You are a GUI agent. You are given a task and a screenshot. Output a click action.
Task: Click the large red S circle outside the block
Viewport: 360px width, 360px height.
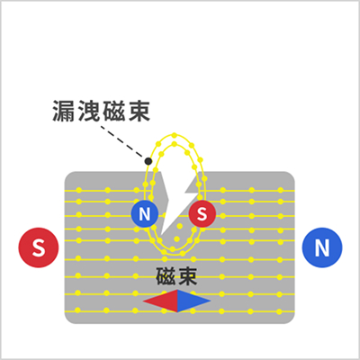pos(39,247)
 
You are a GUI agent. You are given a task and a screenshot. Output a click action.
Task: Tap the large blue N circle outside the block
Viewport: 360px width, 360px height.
pos(322,247)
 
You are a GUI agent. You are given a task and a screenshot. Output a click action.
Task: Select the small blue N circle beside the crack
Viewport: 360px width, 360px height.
pos(145,214)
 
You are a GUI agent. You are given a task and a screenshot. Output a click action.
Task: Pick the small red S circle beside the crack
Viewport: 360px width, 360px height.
pos(202,214)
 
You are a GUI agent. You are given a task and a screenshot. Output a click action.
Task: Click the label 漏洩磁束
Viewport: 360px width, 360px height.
pos(101,111)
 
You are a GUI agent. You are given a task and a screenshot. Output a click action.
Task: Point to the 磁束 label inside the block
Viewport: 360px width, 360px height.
pos(176,276)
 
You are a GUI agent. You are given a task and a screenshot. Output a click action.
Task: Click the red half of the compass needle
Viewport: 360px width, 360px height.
pos(160,301)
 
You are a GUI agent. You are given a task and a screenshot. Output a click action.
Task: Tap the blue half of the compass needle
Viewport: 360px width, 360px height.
pos(194,301)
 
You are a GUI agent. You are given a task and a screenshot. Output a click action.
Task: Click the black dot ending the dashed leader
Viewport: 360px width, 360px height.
pos(148,161)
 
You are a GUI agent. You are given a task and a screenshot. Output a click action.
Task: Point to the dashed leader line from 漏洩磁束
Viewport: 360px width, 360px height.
pos(121,141)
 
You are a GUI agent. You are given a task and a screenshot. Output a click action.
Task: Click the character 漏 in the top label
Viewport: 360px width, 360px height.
pos(64,111)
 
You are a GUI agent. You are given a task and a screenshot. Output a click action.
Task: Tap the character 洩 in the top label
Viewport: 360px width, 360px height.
pos(89,111)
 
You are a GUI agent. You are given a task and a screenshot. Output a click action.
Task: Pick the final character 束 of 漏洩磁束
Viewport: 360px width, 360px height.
pos(139,111)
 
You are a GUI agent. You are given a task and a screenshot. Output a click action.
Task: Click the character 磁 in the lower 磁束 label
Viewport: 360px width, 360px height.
pos(166,276)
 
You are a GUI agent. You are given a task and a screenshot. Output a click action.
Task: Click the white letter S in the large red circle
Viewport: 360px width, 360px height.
pos(39,247)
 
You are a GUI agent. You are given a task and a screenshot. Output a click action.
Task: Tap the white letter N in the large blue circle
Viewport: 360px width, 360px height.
pos(322,247)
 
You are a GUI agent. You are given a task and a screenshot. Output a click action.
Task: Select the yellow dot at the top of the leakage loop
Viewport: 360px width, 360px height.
pos(175,135)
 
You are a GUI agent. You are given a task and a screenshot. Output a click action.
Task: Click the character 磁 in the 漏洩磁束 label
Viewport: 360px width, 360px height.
pos(113,111)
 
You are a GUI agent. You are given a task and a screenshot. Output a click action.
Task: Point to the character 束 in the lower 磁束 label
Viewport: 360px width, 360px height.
pos(187,276)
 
